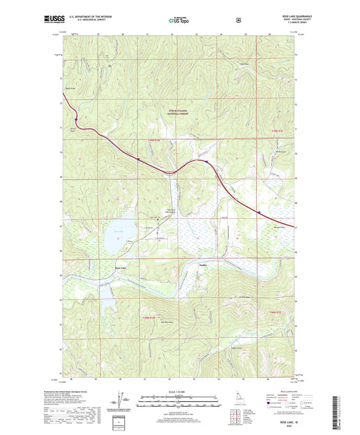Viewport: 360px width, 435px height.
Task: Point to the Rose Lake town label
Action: [x=120, y=270]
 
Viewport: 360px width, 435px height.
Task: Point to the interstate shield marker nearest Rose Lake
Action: [x=138, y=160]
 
